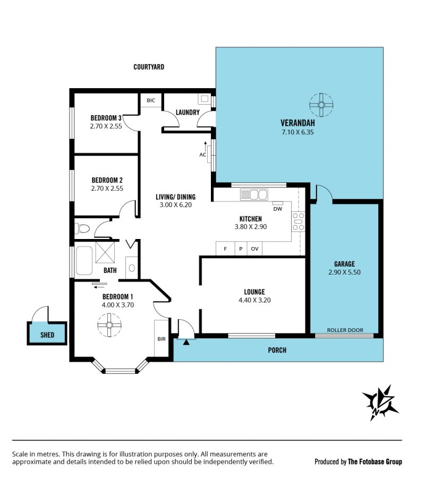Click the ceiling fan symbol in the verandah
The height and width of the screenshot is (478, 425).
321,105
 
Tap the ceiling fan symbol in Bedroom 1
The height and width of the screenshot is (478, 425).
109,325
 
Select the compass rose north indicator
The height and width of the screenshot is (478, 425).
380,403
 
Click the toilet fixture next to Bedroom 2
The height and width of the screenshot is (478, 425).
82,228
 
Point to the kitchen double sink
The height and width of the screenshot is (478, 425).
254,194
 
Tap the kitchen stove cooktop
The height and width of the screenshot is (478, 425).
298,221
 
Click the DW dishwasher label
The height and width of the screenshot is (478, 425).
278,209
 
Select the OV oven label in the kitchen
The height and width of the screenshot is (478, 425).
254,249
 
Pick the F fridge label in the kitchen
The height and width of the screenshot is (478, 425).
225,249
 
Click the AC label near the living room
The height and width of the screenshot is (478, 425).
203,155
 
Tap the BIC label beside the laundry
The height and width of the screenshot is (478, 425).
151,100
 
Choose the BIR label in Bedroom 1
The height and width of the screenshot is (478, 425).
161,339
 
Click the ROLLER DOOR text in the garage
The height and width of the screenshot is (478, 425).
345,330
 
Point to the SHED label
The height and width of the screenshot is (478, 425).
47,335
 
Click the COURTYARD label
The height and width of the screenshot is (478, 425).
149,67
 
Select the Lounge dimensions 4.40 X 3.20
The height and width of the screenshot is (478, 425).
254,300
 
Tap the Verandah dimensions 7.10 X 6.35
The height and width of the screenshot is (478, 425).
297,132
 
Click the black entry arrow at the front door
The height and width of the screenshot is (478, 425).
186,343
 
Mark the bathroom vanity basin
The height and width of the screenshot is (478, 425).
132,268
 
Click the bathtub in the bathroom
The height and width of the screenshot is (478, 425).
84,261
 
